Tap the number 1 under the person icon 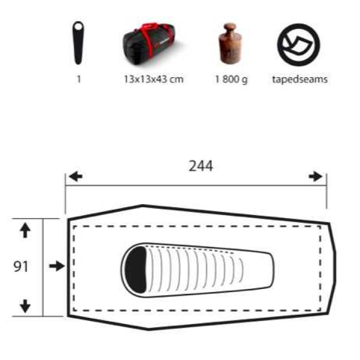tap(79, 79)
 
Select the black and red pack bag tap(149, 45)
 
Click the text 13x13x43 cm tap(154, 79)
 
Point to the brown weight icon tap(230, 43)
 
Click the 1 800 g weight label tap(231, 80)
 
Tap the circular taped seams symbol tap(298, 45)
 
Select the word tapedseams tap(300, 79)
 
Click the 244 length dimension tap(201, 166)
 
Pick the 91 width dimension tap(21, 266)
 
